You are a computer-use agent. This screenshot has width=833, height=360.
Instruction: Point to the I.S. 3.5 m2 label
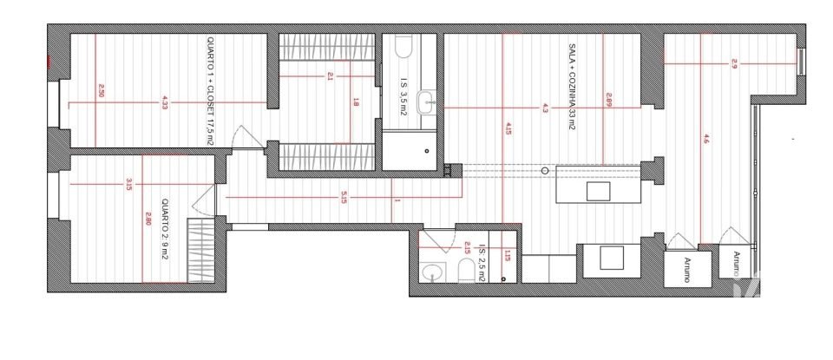pos(404,89)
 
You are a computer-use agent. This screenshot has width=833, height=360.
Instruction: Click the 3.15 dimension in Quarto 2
pos(128,184)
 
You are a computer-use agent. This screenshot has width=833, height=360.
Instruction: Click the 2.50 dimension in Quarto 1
pos(102,89)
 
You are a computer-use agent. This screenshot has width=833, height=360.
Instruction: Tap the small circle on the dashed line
pos(544,171)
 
